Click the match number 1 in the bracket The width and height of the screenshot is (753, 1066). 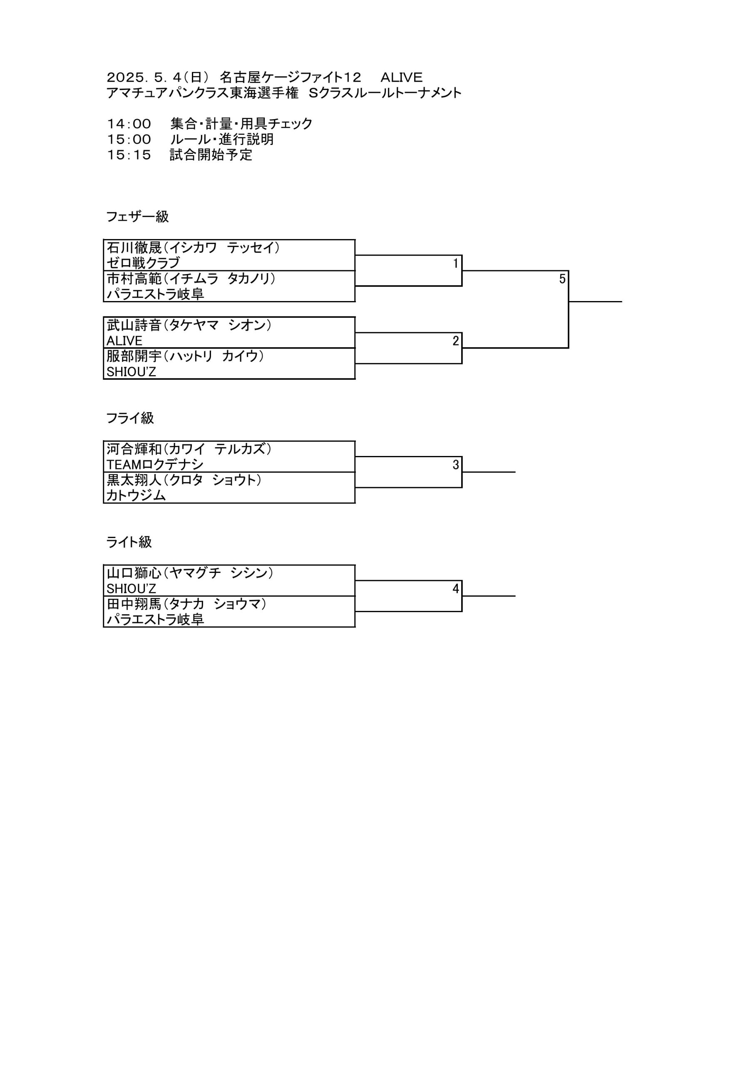pos(456,263)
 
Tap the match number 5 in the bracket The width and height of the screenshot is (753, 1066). pos(562,279)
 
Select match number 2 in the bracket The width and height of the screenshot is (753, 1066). pos(456,341)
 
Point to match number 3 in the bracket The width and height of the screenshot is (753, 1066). pos(456,465)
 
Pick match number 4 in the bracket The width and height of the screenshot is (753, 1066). pos(456,589)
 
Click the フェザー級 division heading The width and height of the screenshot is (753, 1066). pos(137,217)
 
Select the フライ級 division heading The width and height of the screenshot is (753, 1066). pos(130,418)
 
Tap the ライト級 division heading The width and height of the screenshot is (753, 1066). pos(129,542)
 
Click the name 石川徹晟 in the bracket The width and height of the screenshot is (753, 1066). pos(134,247)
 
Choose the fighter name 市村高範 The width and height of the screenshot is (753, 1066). pos(134,279)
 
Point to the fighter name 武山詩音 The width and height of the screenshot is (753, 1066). pos(134,325)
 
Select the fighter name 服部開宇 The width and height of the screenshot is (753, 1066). pos(134,356)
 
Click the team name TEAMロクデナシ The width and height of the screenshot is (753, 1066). pos(155,465)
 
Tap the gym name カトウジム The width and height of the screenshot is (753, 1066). pos(136,496)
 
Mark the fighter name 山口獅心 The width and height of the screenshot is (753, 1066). pos(134,573)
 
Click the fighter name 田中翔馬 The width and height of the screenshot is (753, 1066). pos(134,604)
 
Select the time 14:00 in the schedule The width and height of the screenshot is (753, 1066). pos(129,124)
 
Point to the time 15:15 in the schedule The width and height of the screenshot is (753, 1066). pos(129,155)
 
